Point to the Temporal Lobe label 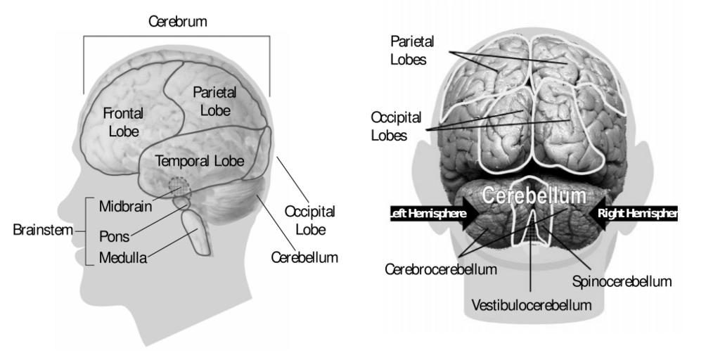coord(200,161)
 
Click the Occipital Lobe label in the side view coord(309,219)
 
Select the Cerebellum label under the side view coord(304,258)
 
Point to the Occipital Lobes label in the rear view coord(389,124)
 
